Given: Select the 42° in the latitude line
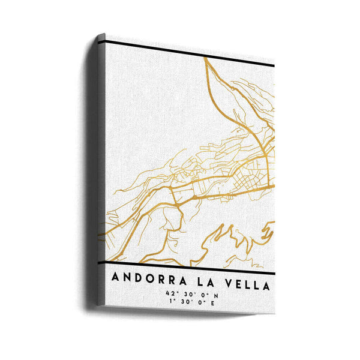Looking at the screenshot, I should point(174,293).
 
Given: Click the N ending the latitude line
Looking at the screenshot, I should point(214,293).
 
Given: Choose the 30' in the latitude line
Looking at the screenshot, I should point(189,293).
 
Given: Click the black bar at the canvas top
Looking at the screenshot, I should point(180,53).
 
